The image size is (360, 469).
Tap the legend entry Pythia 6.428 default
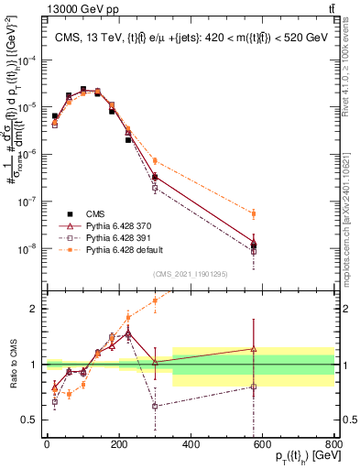(x=114, y=248)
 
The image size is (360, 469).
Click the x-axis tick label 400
(x=191, y=445)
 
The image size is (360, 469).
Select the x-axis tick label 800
(x=334, y=445)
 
